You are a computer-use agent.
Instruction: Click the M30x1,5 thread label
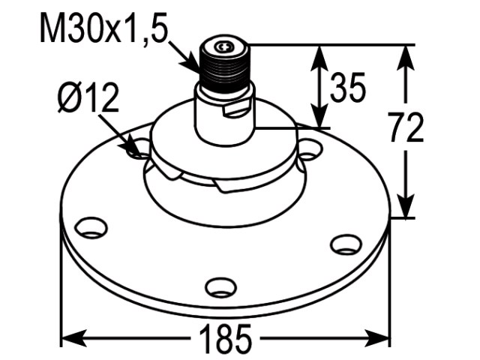[104, 28]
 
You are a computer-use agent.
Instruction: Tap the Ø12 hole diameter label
[88, 97]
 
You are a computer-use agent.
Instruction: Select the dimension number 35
[348, 87]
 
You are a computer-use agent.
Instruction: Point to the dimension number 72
[406, 127]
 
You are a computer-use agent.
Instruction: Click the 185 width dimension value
[225, 338]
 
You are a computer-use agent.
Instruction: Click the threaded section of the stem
[225, 71]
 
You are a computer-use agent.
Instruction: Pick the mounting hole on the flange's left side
[91, 227]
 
